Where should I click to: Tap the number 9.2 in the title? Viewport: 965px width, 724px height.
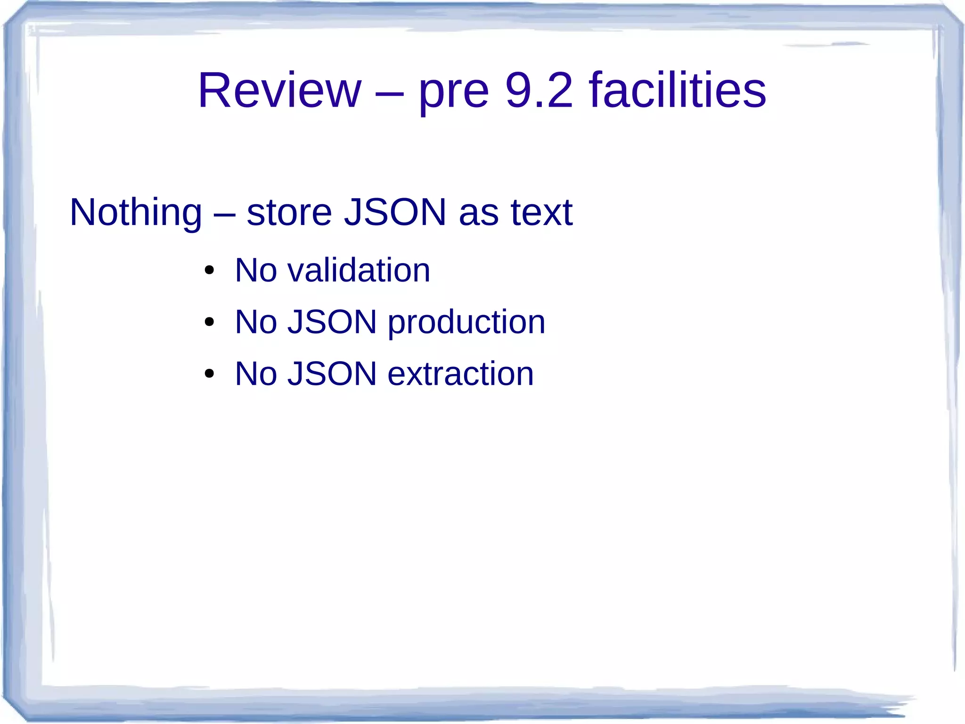539,90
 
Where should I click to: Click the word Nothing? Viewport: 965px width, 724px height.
136,213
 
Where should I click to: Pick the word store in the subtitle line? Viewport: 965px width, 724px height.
289,213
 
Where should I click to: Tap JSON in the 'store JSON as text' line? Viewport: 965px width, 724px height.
395,213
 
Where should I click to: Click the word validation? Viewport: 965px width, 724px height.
359,270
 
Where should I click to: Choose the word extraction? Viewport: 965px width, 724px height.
460,374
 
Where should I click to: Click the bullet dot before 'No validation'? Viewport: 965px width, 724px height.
209,271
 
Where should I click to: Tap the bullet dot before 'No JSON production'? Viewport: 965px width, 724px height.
209,323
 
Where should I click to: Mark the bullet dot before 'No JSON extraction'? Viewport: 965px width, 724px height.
209,374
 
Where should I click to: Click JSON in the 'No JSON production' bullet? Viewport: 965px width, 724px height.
332,322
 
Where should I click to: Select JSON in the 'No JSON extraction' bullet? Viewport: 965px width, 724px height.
332,374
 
